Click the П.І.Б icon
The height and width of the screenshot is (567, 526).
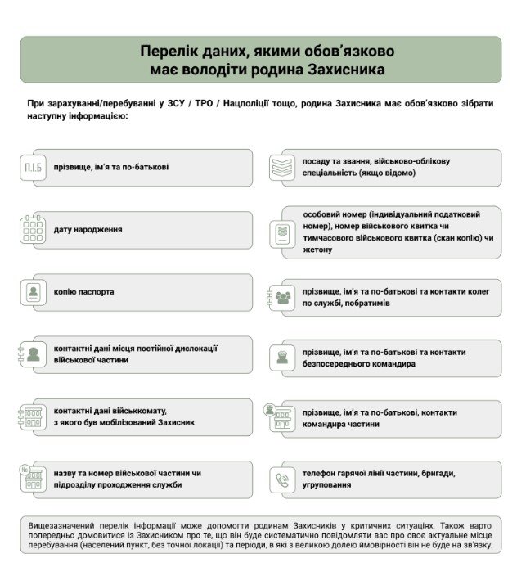pyautogui.click(x=33, y=168)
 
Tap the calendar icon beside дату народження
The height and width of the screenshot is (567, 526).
pyautogui.click(x=33, y=229)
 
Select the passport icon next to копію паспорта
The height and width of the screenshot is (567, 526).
pyautogui.click(x=33, y=292)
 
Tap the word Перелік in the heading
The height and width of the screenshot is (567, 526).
pyautogui.click(x=169, y=52)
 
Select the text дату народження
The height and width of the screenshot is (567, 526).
pyautogui.click(x=88, y=230)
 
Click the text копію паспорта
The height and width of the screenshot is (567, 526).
pyautogui.click(x=84, y=292)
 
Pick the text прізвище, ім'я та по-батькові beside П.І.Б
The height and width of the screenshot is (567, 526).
pyautogui.click(x=111, y=168)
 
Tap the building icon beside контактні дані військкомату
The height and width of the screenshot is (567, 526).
pyautogui.click(x=33, y=417)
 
